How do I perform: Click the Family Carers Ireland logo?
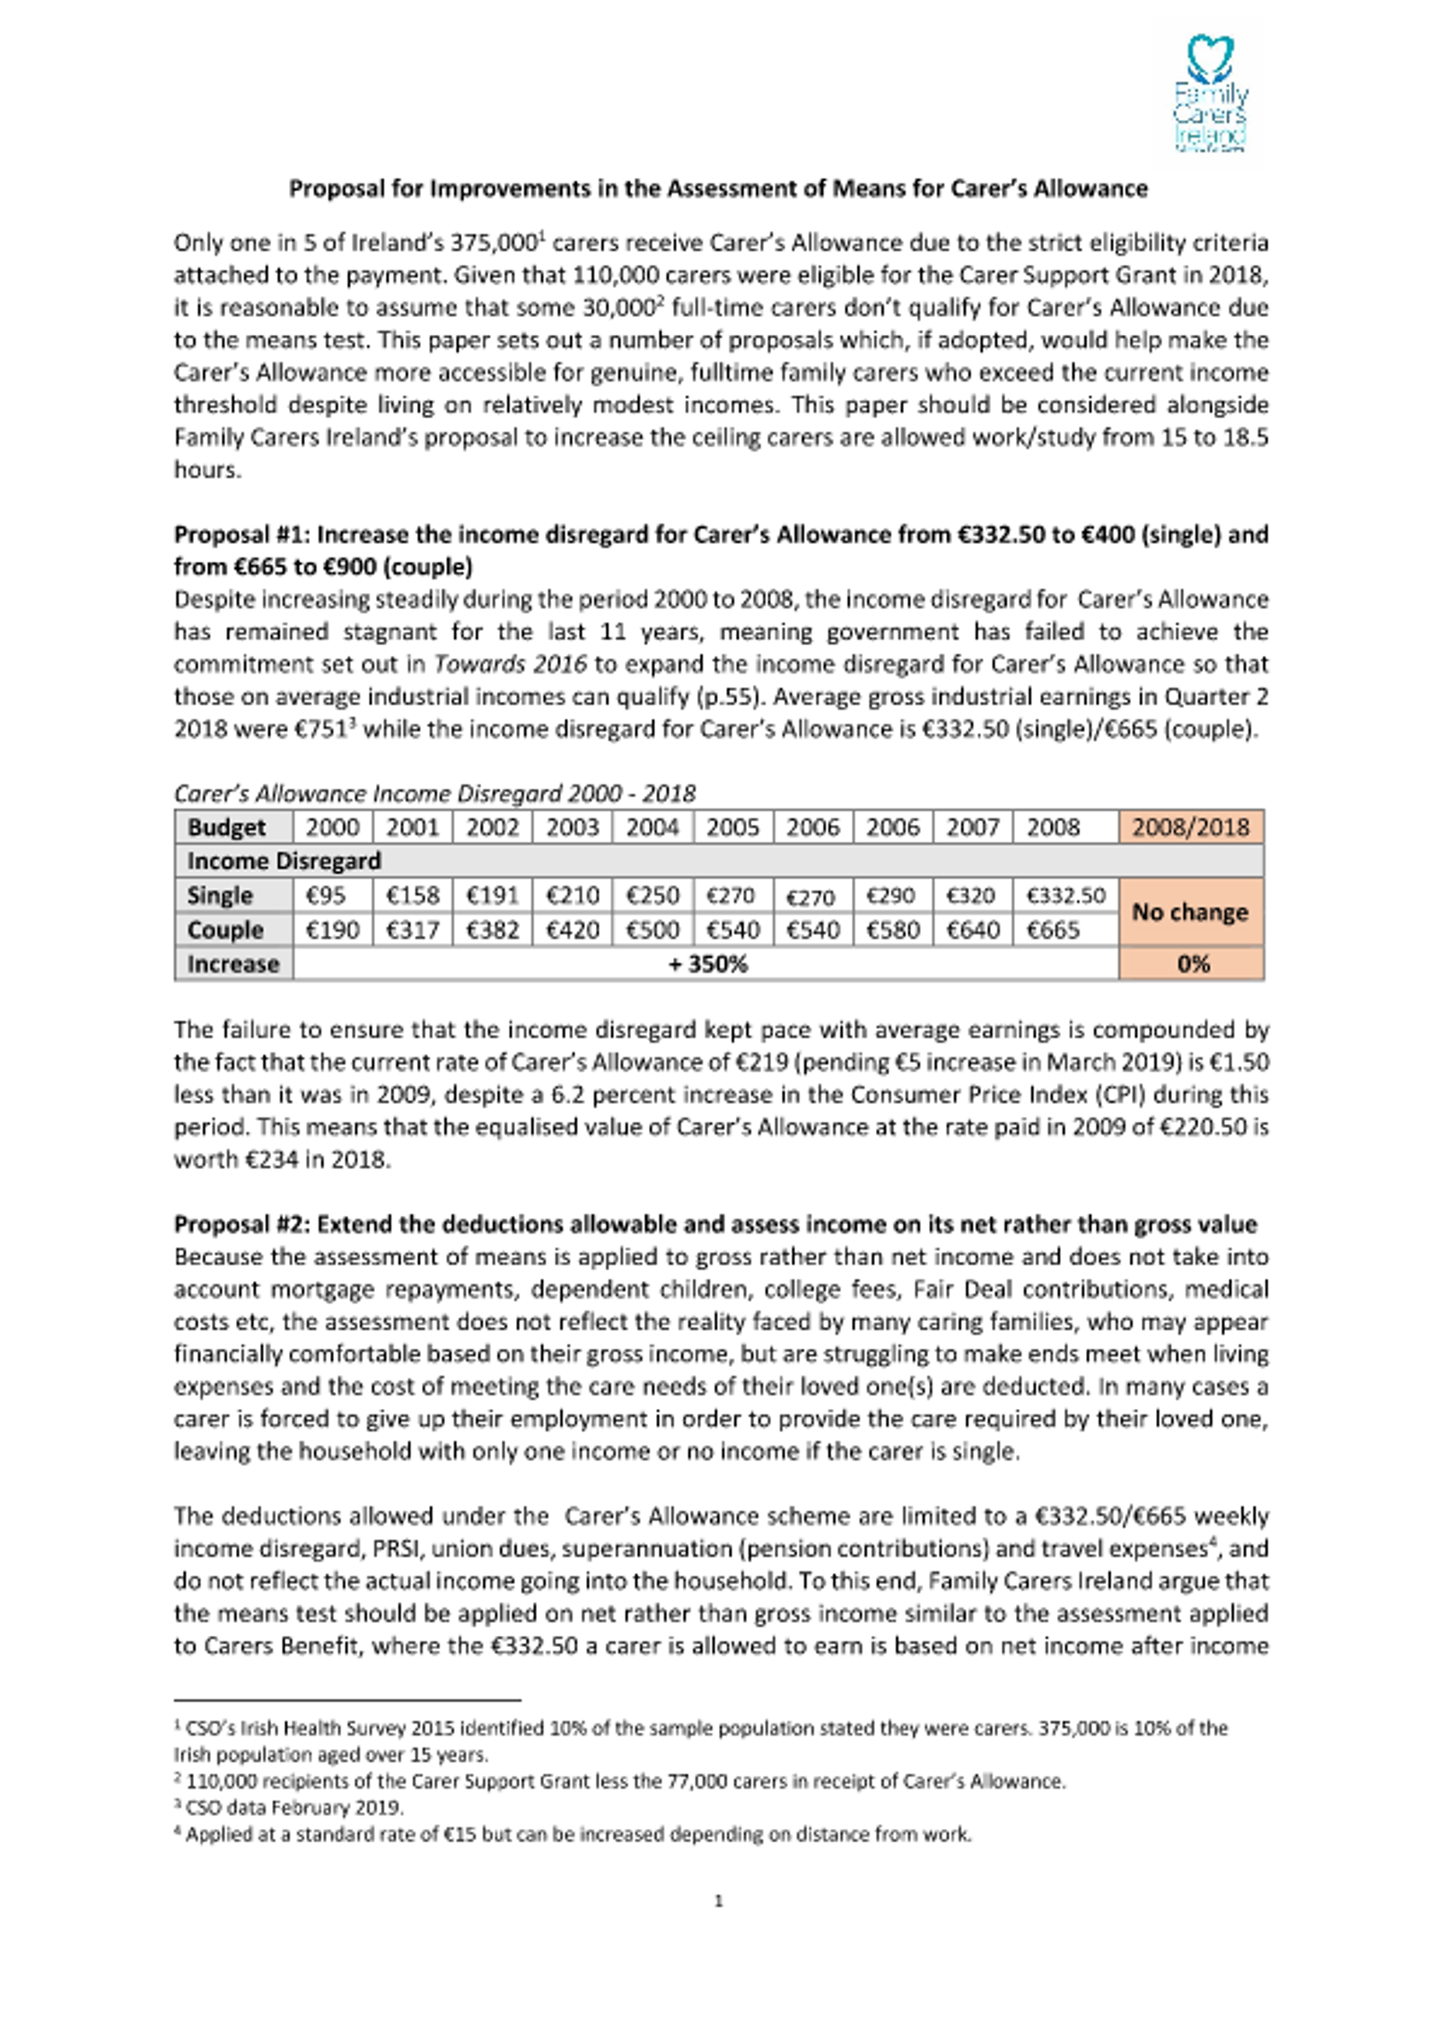tap(1210, 93)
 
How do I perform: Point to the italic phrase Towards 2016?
tap(510, 664)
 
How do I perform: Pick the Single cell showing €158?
tap(413, 896)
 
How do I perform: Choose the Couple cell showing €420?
tap(572, 930)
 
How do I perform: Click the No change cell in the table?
tap(1190, 912)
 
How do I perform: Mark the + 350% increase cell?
tap(706, 964)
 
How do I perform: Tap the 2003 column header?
tap(572, 827)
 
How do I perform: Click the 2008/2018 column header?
tap(1190, 827)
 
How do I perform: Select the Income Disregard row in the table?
tap(284, 862)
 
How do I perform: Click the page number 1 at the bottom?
tap(718, 1901)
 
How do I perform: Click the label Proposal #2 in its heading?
tap(237, 1224)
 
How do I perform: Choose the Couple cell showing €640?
tap(972, 930)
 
